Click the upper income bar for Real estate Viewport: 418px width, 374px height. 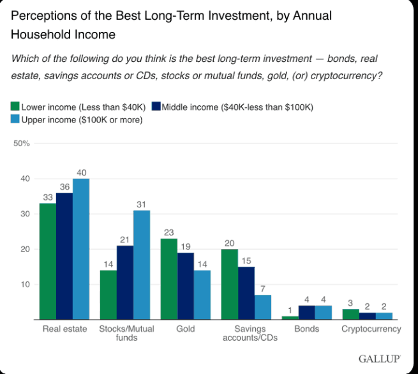pyautogui.click(x=81, y=249)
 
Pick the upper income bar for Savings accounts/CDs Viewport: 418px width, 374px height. pyautogui.click(x=262, y=307)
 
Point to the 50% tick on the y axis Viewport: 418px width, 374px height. pyautogui.click(x=22, y=144)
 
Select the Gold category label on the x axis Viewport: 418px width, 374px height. pyautogui.click(x=185, y=329)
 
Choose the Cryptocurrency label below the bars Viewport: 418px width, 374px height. pyautogui.click(x=371, y=329)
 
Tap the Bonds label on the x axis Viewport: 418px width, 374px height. pyautogui.click(x=306, y=329)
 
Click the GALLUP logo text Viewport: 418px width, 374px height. pyautogui.click(x=379, y=359)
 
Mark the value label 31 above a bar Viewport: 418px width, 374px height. pyautogui.click(x=142, y=204)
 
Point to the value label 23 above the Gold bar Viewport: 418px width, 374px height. pyautogui.click(x=168, y=232)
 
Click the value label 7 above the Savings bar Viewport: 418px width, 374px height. pyautogui.click(x=263, y=288)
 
